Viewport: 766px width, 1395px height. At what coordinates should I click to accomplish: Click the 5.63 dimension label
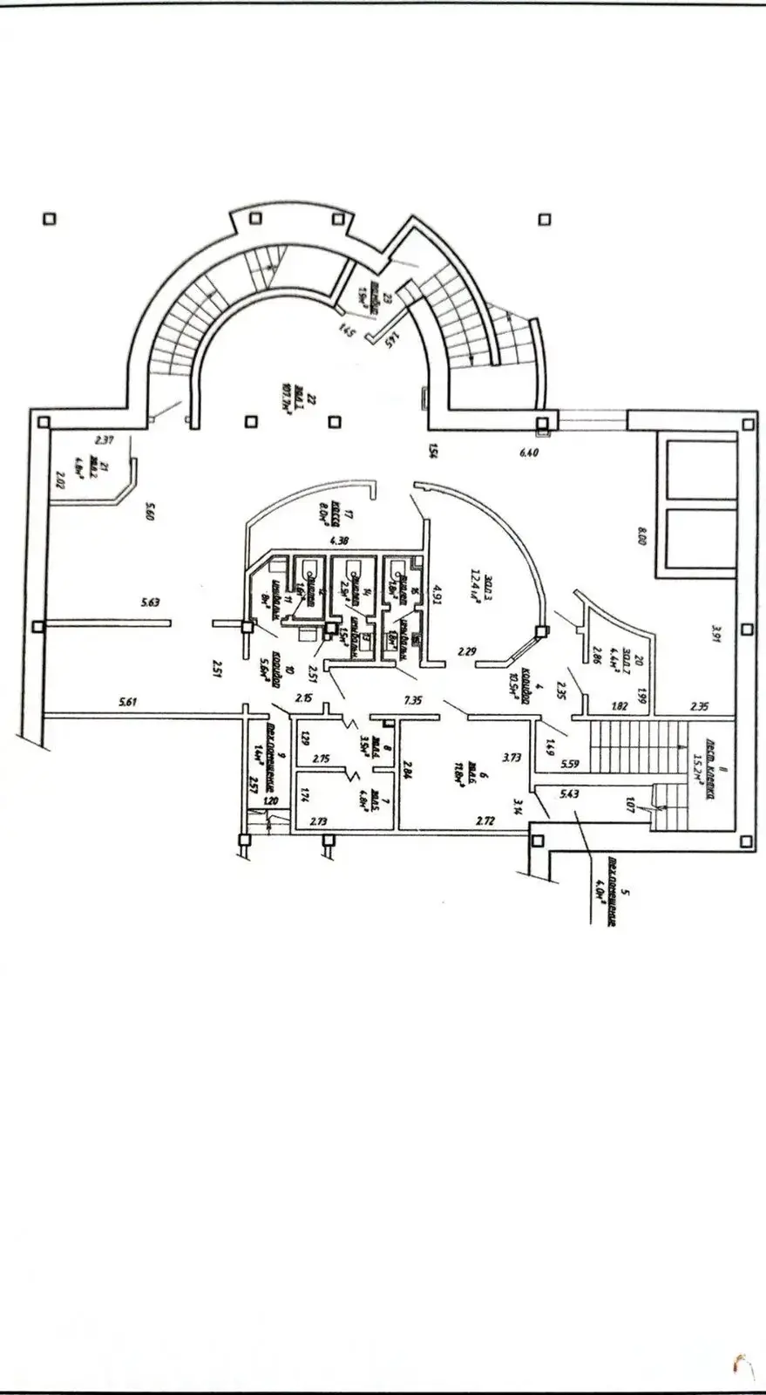(x=153, y=602)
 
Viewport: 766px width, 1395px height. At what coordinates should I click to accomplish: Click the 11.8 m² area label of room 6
(x=457, y=775)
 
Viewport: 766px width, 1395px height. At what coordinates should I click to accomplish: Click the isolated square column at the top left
(x=50, y=219)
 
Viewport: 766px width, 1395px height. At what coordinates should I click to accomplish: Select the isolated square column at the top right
(x=546, y=219)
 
